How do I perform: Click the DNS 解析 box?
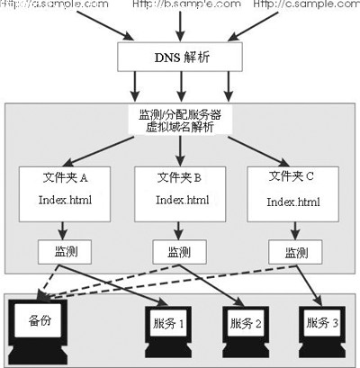coord(181,58)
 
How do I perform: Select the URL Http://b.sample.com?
coord(185,5)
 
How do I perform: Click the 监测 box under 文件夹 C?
coord(295,249)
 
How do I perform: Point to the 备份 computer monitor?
coord(41,322)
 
